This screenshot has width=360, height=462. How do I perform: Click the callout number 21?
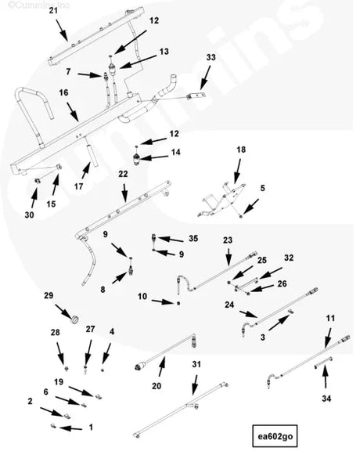[52, 10]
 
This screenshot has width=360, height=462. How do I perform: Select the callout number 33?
[210, 58]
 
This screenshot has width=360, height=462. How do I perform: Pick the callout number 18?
[241, 150]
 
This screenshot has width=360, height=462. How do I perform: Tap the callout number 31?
[196, 364]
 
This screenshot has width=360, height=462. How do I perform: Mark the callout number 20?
[156, 386]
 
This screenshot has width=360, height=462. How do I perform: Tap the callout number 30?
[30, 215]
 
